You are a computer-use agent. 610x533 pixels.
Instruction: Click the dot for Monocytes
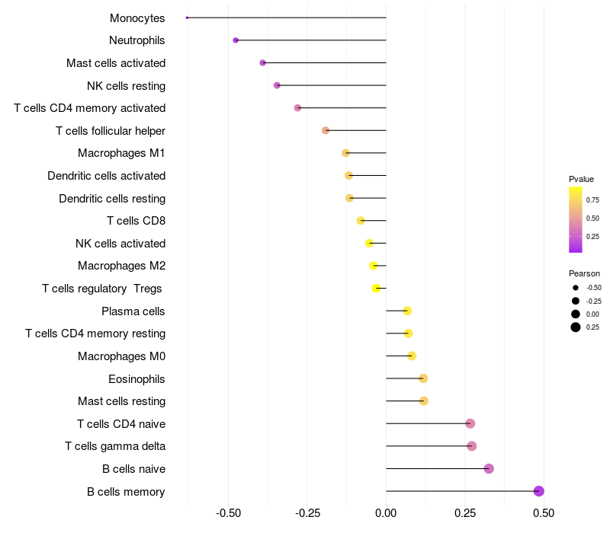(187, 18)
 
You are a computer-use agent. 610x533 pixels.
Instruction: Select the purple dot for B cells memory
(538, 491)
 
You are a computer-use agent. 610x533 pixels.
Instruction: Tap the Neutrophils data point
(236, 40)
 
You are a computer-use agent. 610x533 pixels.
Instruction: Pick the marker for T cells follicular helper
(326, 130)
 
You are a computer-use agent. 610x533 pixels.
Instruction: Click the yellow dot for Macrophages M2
(374, 266)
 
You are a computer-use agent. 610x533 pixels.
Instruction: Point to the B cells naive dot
(489, 468)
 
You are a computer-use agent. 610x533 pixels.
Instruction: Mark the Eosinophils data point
(423, 378)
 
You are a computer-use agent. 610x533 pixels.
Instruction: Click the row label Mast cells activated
(116, 63)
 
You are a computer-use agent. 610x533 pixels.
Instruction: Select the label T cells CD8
(136, 221)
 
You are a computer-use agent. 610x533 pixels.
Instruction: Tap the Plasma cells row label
(133, 311)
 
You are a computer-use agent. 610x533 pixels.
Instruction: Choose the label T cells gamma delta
(115, 446)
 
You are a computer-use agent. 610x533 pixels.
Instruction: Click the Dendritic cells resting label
(112, 199)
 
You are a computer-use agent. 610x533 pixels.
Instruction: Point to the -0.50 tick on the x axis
(228, 513)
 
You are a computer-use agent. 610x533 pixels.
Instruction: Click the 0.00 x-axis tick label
(386, 513)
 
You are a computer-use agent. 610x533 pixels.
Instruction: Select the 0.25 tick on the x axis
(465, 513)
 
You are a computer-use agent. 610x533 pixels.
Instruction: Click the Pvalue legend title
(581, 179)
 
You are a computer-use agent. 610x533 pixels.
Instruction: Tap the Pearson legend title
(584, 273)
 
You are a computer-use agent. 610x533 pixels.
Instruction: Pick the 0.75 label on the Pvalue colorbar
(592, 200)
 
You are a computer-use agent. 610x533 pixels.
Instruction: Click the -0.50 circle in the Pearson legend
(576, 288)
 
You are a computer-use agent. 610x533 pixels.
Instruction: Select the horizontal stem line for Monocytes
(287, 18)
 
